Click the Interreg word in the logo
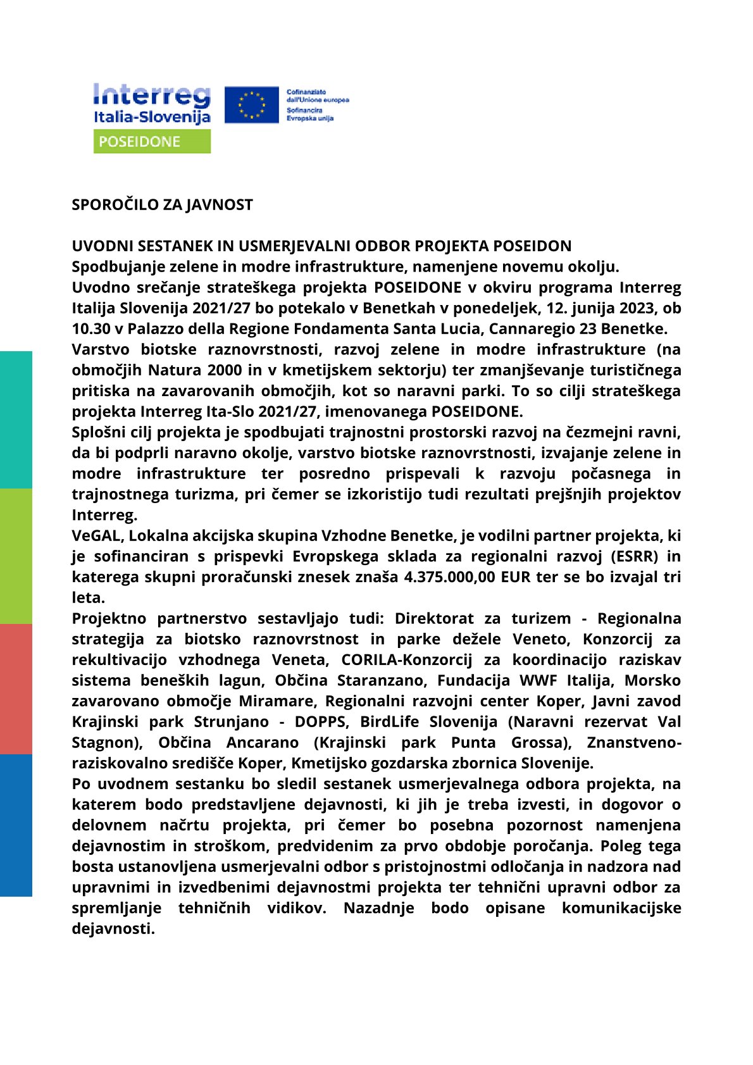coord(151,96)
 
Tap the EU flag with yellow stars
coord(251,105)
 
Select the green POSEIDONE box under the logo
coord(152,142)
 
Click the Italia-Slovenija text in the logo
coord(152,117)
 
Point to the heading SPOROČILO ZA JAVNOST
coord(162,205)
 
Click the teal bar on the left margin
coord(16,420)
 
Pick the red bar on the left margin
coord(16,689)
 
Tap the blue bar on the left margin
coord(16,825)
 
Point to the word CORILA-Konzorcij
coord(406,660)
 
